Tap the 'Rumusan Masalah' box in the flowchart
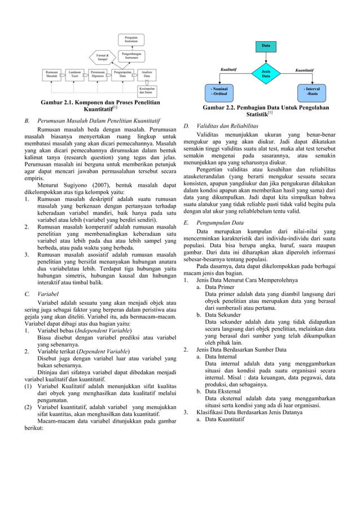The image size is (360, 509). pos(52,74)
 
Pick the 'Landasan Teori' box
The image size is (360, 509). pos(74,74)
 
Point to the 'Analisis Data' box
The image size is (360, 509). pos(146,74)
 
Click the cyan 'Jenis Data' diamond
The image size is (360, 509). pos(265,73)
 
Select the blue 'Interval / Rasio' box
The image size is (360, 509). pos(311,91)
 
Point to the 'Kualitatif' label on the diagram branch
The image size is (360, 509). pos(229,69)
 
